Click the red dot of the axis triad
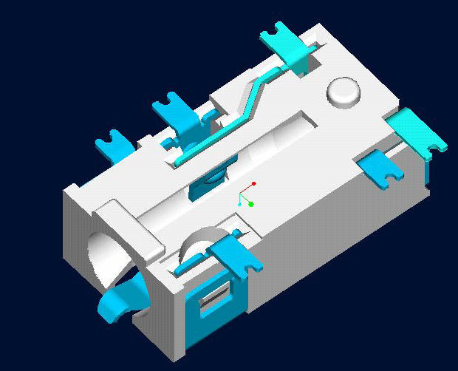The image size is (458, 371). click(253, 183)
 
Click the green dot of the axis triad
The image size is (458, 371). click(251, 204)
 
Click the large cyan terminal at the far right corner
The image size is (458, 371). click(417, 132)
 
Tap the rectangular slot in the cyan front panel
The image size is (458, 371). click(214, 296)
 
